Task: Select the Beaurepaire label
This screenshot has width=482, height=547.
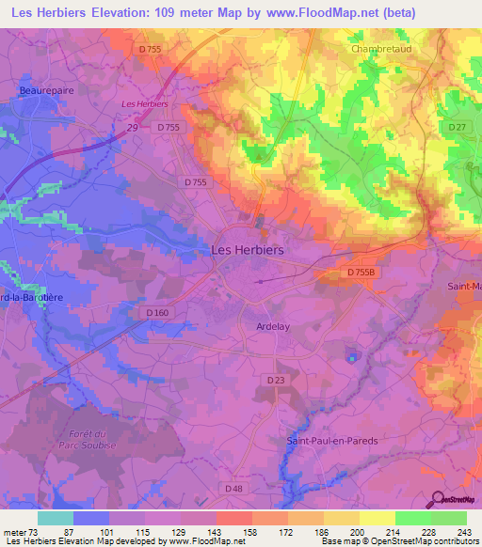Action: (45, 90)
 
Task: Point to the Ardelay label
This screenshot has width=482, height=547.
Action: (273, 326)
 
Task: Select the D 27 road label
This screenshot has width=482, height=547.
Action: (458, 127)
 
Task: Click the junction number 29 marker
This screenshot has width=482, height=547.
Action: (133, 126)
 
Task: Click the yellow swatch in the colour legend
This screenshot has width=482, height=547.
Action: (377, 518)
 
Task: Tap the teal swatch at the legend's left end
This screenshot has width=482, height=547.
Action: (56, 518)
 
